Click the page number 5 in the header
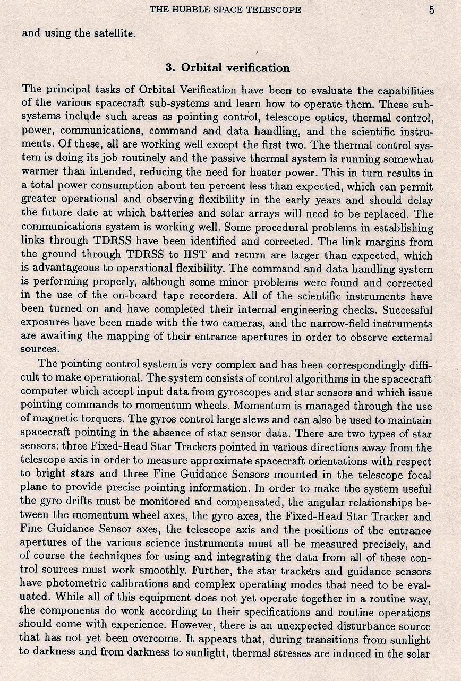point(432,10)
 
